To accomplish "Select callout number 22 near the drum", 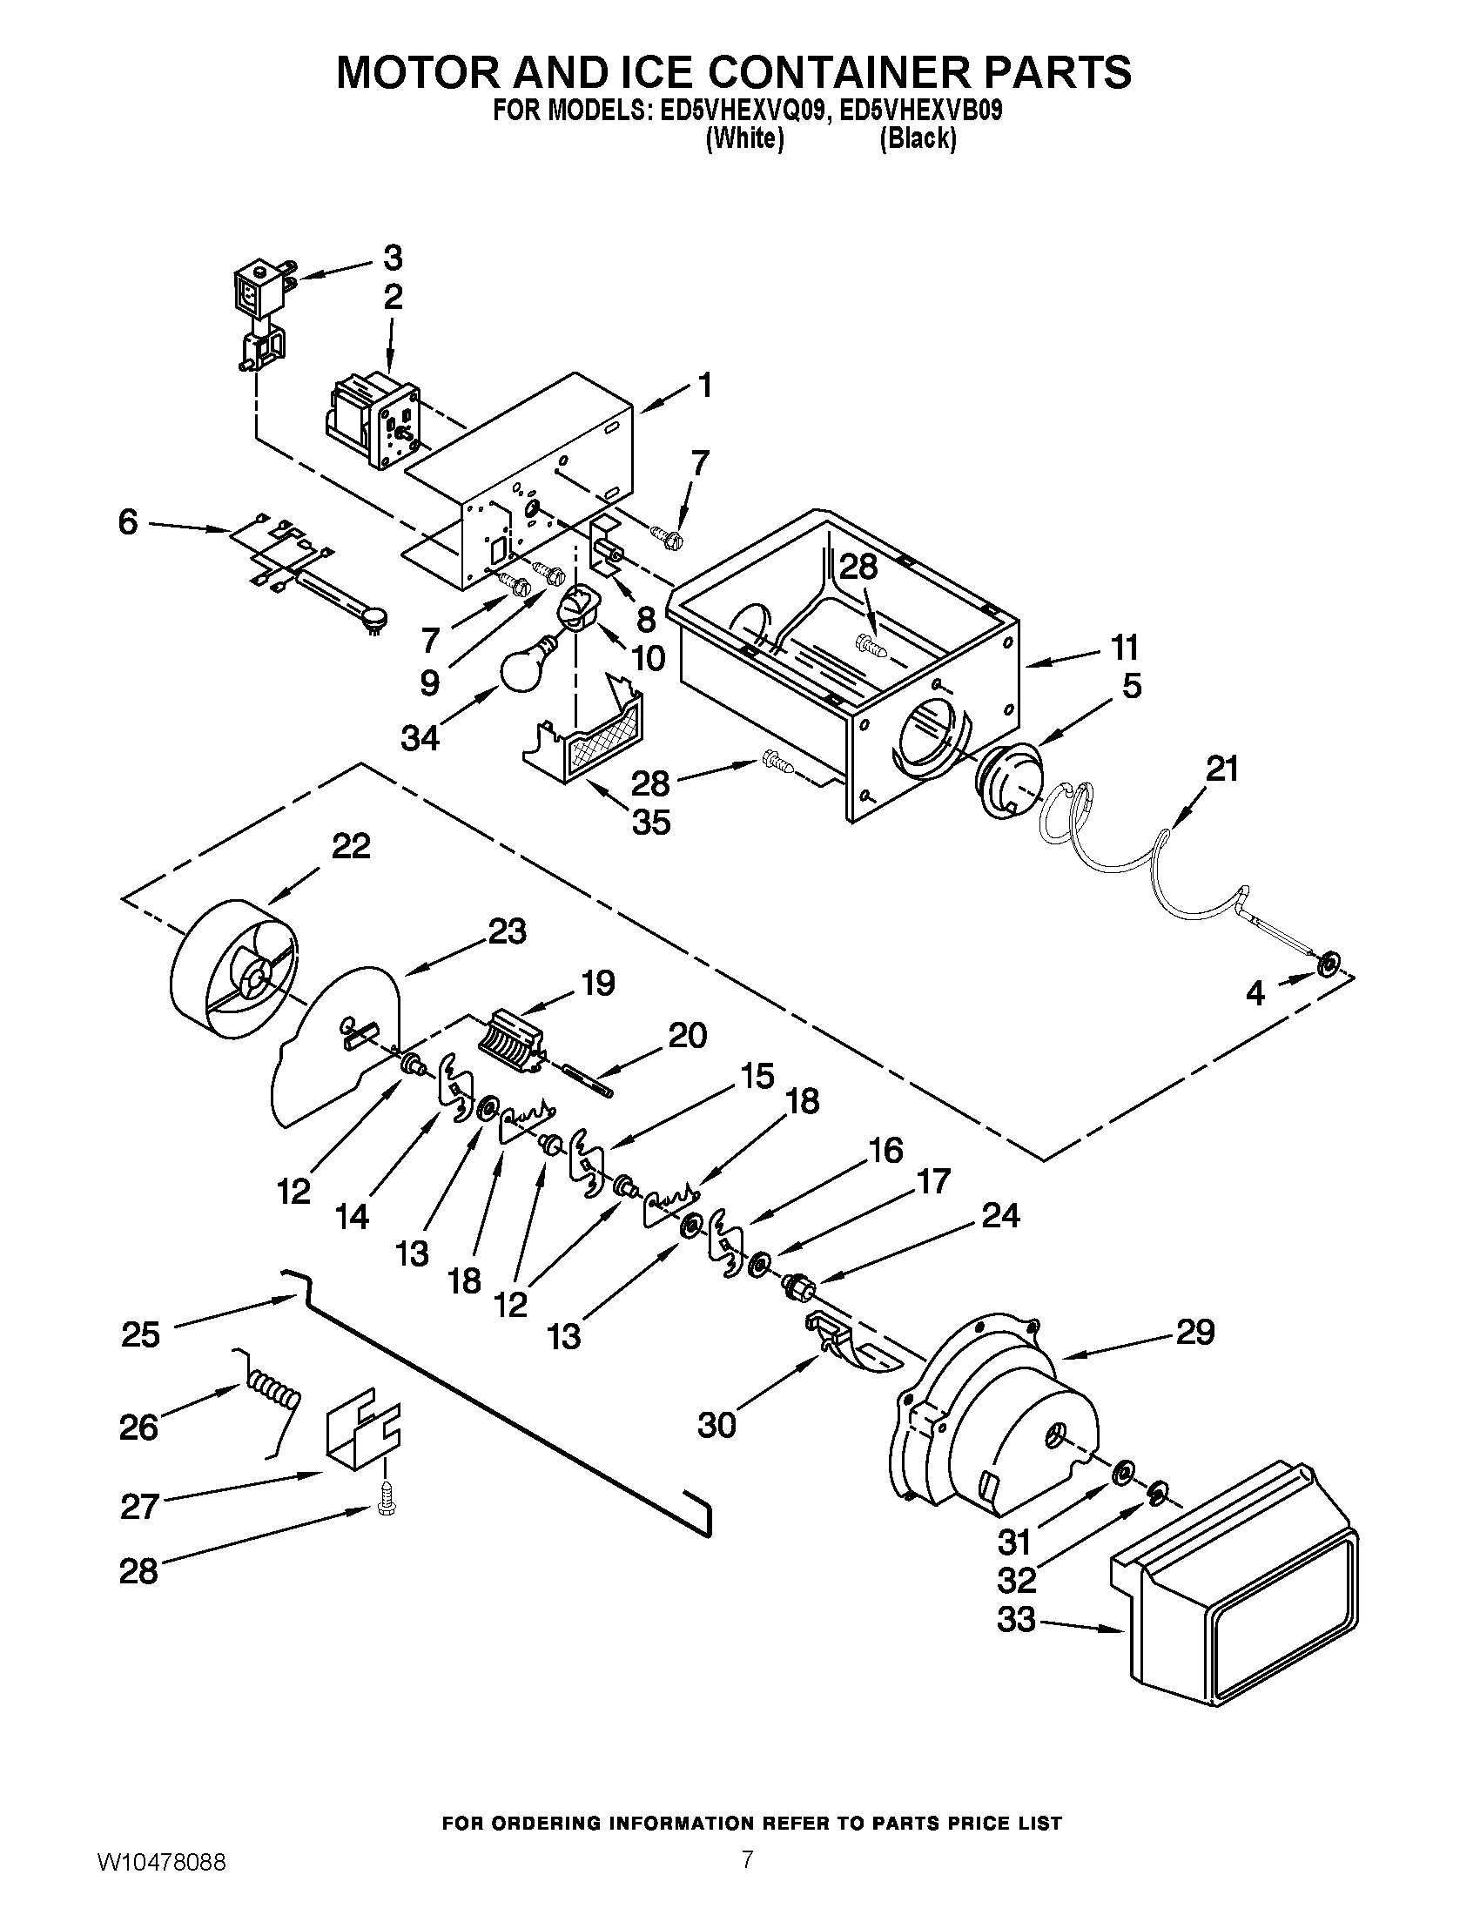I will click(x=351, y=846).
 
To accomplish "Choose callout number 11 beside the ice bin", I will click(x=1125, y=647).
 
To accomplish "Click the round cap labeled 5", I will click(x=1006, y=777).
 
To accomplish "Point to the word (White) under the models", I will click(x=743, y=138).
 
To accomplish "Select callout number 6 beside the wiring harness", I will click(x=128, y=523).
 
